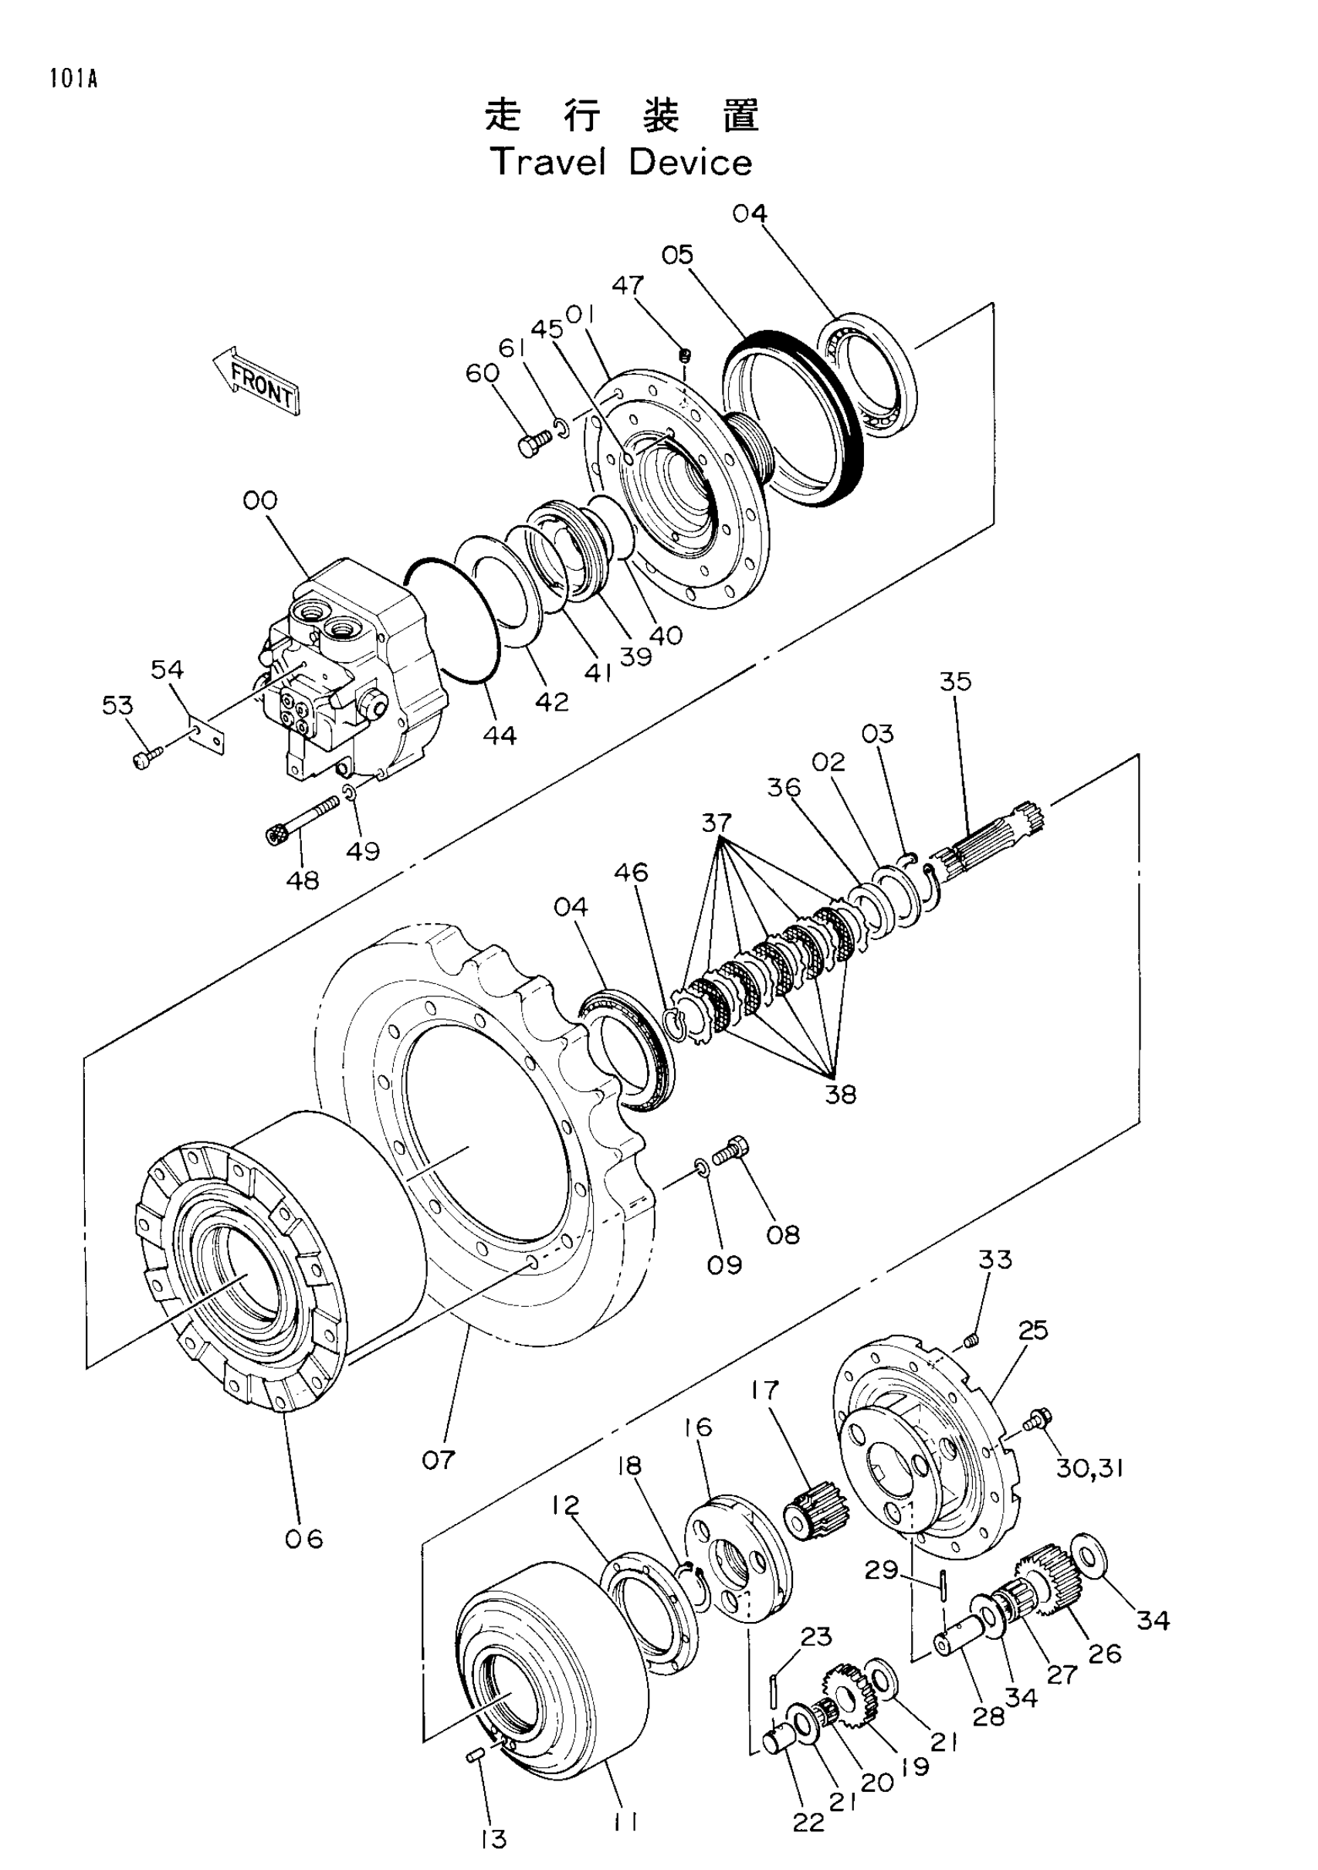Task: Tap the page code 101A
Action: click(x=73, y=79)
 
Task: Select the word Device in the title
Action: click(x=690, y=162)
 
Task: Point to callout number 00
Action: click(x=259, y=501)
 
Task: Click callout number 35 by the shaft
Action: click(x=956, y=681)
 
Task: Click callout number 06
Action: click(x=303, y=1539)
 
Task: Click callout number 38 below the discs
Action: click(x=841, y=1095)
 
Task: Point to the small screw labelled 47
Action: click(x=686, y=355)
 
